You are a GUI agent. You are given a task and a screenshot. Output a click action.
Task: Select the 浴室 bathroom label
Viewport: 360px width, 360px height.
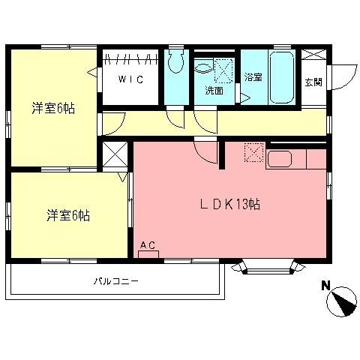point(253,77)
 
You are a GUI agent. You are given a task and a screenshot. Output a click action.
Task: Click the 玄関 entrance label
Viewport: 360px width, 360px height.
point(313,82)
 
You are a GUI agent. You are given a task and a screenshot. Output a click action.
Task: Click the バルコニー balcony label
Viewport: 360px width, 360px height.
point(115,282)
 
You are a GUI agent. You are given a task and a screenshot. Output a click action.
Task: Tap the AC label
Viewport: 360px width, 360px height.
point(148,245)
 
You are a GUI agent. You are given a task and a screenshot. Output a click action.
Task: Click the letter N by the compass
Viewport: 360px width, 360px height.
point(325,285)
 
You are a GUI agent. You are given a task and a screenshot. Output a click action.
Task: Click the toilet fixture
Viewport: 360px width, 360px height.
point(176,63)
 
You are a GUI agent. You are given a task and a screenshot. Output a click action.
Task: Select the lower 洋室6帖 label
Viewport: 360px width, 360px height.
point(67,215)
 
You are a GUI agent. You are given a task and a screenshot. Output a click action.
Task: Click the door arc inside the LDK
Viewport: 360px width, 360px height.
point(204,151)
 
